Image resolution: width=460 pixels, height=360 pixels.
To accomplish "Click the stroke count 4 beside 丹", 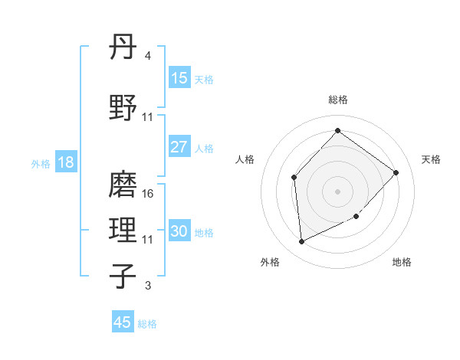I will (147, 56).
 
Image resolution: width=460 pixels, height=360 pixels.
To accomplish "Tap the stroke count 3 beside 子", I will (147, 286).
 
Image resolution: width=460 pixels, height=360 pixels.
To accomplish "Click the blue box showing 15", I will (179, 78).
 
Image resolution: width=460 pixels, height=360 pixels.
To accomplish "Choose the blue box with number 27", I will (179, 148).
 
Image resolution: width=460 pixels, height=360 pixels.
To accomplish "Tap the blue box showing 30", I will (179, 231).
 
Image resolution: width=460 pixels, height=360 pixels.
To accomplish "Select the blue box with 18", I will (65, 162).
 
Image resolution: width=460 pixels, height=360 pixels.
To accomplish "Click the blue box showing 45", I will (123, 322).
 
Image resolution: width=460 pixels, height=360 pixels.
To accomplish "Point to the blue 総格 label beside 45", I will (148, 324).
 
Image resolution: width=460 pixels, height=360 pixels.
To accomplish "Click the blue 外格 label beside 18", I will (41, 163).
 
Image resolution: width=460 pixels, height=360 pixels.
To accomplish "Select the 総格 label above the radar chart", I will (337, 100).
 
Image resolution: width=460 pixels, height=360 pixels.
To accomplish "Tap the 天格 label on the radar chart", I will (431, 159).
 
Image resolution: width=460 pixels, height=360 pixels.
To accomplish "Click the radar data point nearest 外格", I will (301, 242).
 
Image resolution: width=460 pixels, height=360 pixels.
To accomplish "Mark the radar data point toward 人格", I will (294, 178).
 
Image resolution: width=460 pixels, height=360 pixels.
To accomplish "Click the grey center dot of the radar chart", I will (337, 191).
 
